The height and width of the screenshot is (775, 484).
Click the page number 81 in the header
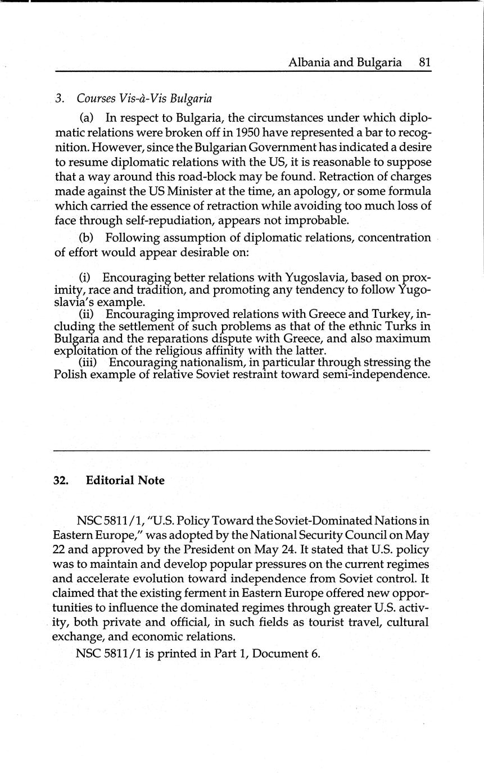tap(424, 62)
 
